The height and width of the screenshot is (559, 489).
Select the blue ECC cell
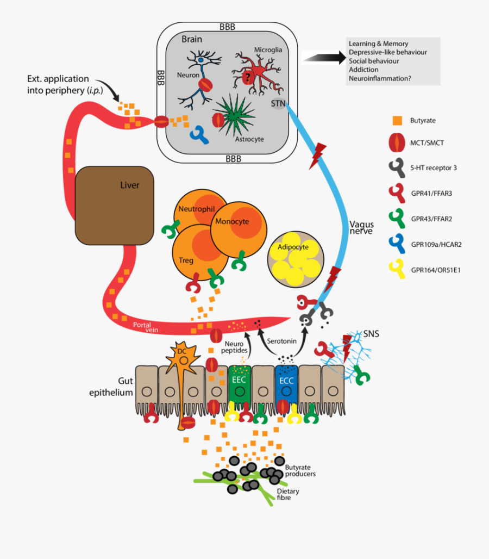[x=286, y=383]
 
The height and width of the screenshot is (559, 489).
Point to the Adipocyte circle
[x=296, y=259]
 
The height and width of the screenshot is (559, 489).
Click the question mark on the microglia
[x=247, y=78]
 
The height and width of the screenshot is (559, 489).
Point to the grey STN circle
[x=278, y=103]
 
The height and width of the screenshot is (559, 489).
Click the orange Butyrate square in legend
[x=397, y=120]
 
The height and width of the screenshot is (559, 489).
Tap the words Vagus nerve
[x=362, y=227]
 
